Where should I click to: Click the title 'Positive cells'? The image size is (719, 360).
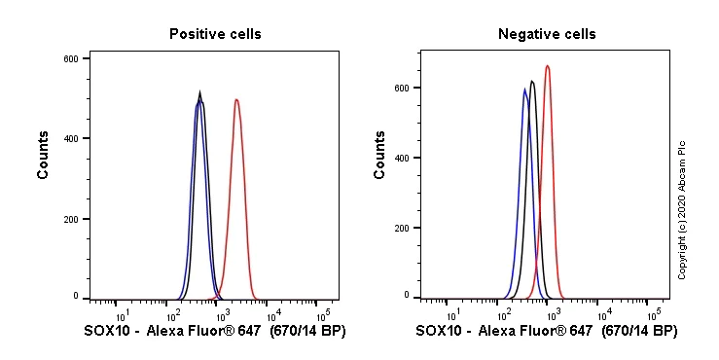coord(215,34)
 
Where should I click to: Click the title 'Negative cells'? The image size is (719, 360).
coord(547,34)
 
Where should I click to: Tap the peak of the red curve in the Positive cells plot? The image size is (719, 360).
coord(235,99)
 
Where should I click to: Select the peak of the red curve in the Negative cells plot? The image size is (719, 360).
coord(548,66)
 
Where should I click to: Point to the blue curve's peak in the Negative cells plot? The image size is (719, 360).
coord(525,90)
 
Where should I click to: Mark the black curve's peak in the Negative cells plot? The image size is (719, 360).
coord(532,81)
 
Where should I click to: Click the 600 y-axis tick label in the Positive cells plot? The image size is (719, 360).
coord(70,58)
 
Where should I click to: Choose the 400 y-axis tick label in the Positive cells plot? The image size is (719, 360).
coord(70,138)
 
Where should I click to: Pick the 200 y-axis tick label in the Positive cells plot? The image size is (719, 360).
coord(70,219)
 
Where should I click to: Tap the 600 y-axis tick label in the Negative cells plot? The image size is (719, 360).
coord(401,88)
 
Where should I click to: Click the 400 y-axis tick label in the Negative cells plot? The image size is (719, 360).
coord(401,158)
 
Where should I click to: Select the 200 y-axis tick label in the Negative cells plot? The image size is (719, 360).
coord(401,228)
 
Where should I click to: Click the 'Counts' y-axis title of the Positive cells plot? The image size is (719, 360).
coord(44,156)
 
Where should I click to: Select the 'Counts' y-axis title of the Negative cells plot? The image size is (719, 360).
coord(379,156)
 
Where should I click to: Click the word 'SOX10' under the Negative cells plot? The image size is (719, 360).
coord(438,332)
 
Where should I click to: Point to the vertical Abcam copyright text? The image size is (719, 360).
coord(682,209)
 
